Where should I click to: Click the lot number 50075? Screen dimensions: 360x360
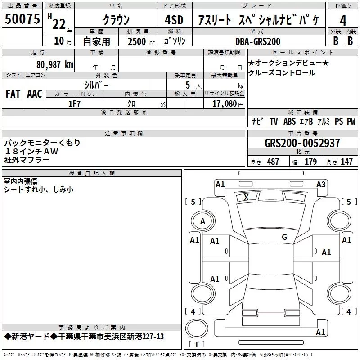tap(22, 19)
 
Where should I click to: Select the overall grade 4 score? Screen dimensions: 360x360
tap(343, 21)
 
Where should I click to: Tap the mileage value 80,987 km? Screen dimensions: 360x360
tap(54, 65)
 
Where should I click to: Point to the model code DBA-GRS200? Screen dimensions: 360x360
tap(258, 41)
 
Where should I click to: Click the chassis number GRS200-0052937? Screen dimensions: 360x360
tap(302, 143)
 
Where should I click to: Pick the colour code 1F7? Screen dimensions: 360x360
tap(74, 104)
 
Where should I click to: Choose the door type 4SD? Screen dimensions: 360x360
tap(174, 20)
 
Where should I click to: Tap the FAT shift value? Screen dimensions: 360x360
tap(13, 94)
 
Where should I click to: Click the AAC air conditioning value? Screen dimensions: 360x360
tap(35, 94)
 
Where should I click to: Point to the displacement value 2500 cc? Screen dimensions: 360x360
tap(141, 41)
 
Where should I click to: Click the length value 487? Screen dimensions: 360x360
tap(273, 162)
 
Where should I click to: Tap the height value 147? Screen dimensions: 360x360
tap(346, 162)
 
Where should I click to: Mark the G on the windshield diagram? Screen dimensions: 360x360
tap(284, 237)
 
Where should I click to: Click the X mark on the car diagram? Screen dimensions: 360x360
tap(246, 197)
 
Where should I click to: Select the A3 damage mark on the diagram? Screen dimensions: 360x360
tap(321, 184)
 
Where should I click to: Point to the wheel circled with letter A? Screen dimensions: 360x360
tap(203, 221)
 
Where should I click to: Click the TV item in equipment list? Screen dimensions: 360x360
tap(274, 121)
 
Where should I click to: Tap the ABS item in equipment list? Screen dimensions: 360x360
tap(289, 121)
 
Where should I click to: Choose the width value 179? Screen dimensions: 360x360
tap(310, 162)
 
